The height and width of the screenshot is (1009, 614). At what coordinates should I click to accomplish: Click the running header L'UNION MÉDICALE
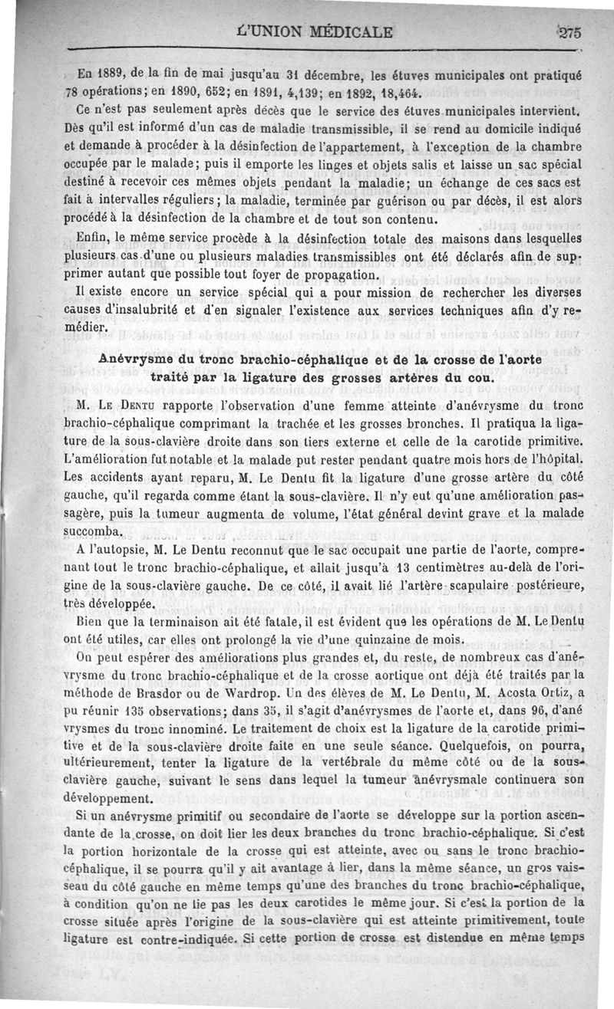[316, 32]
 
